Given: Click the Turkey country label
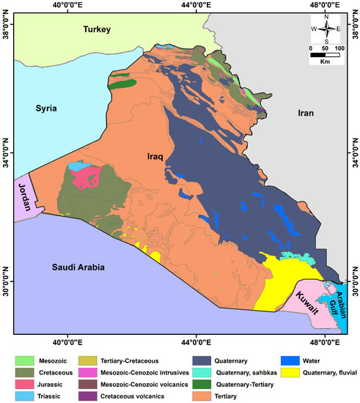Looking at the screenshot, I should [95, 30].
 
